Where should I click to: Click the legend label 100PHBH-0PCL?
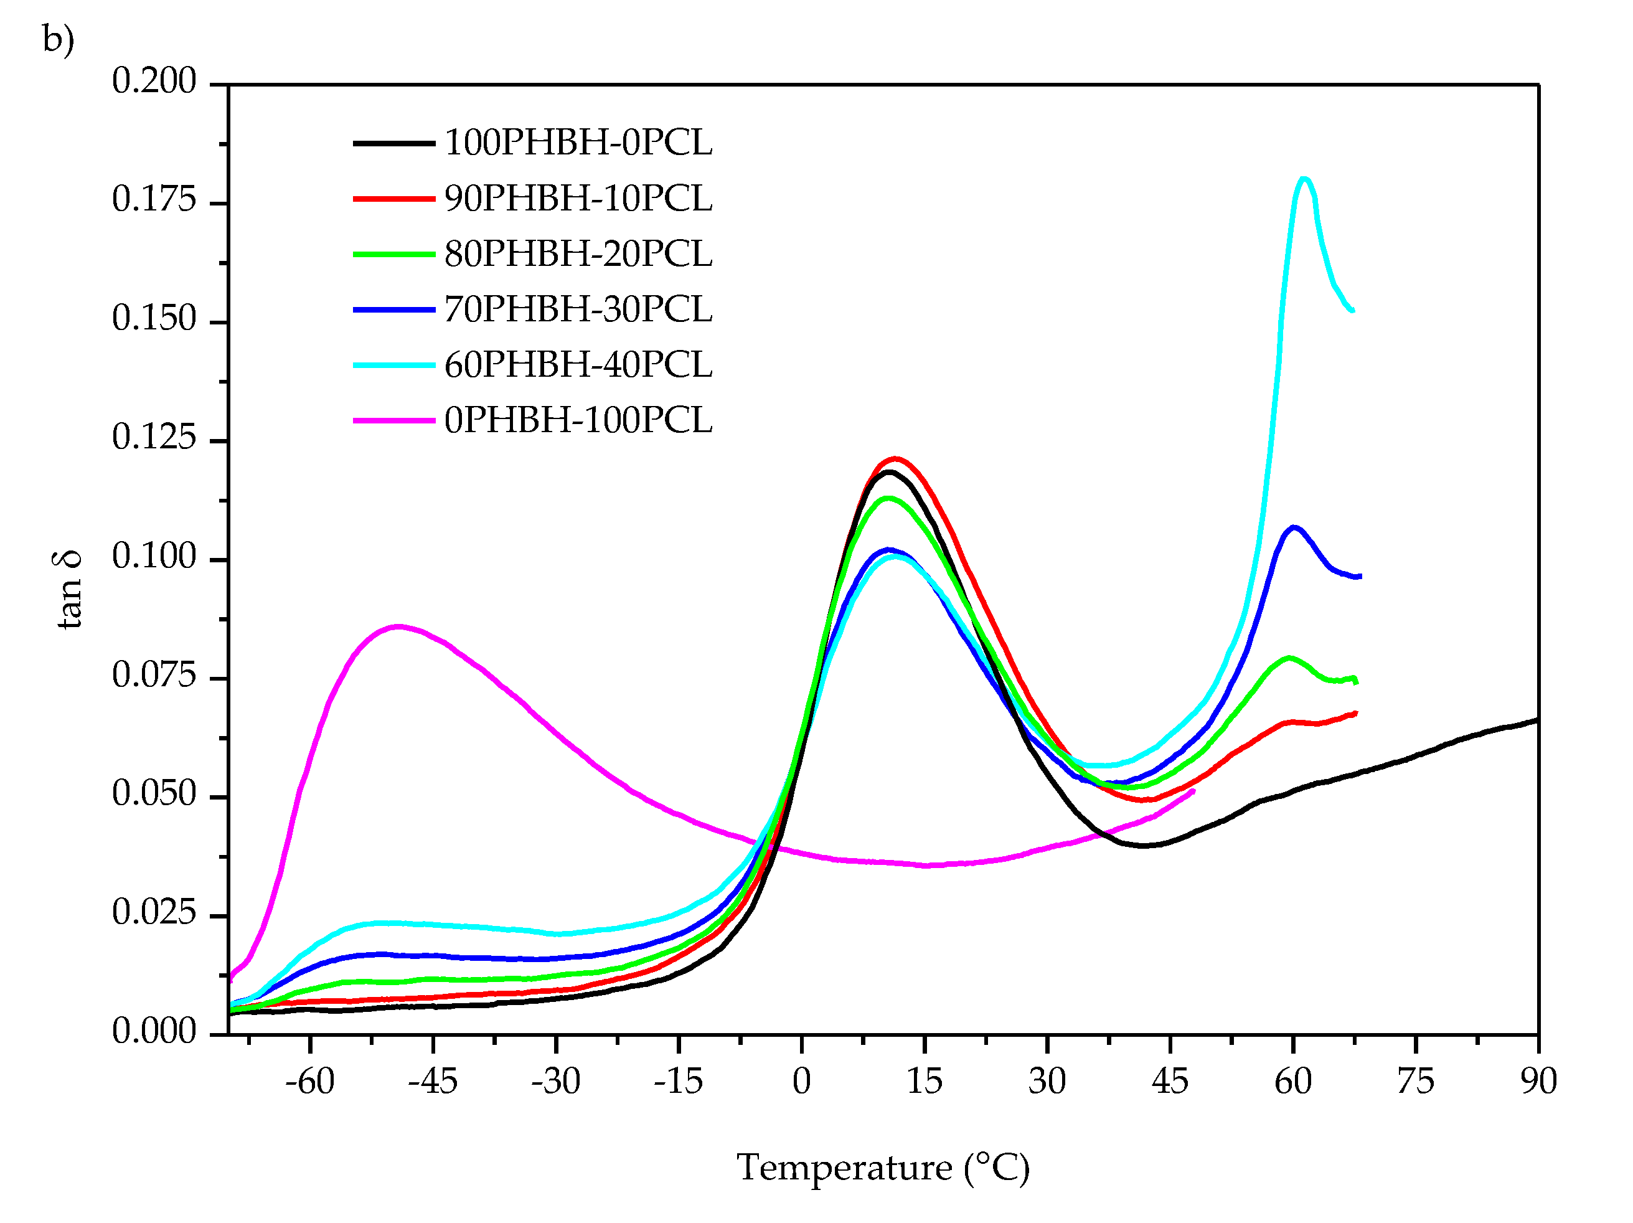[x=578, y=143]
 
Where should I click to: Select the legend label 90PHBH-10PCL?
[x=578, y=199]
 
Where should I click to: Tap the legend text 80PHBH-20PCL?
[x=578, y=254]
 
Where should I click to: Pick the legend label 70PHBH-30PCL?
[x=578, y=309]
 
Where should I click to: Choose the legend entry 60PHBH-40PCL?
[x=578, y=365]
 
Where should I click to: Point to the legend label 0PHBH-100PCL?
[x=578, y=420]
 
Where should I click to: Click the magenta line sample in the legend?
[x=393, y=420]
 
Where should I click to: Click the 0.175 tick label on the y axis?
[x=154, y=199]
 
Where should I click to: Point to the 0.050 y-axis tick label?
[x=154, y=794]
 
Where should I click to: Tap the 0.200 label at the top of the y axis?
[x=154, y=81]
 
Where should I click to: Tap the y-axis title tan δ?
[x=68, y=589]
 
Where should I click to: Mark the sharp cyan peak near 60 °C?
[x=1304, y=179]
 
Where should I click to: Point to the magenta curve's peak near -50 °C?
[x=398, y=626]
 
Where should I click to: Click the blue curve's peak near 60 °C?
[x=1294, y=527]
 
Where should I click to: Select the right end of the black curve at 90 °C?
[x=1537, y=720]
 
